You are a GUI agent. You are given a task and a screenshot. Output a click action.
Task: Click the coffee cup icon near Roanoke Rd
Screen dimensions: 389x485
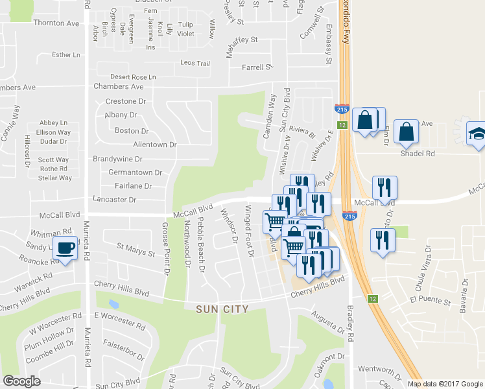coord(65,248)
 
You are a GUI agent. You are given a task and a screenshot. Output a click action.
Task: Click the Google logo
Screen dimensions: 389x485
coord(22,381)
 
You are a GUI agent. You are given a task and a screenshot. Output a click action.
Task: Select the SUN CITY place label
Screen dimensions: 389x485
coord(222,309)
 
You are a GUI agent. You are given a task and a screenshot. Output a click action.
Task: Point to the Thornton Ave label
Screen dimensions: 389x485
coord(55,23)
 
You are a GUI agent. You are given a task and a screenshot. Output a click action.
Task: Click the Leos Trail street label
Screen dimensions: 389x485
coord(195,64)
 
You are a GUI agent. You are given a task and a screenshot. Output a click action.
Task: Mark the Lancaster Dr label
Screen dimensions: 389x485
coord(115,200)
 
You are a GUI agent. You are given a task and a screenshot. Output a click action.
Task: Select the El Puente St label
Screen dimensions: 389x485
coord(430,301)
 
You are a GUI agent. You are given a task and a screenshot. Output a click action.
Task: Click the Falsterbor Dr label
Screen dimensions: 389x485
coord(123,353)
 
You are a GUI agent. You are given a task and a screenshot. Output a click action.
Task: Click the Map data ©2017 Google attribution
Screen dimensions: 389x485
coord(445,384)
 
